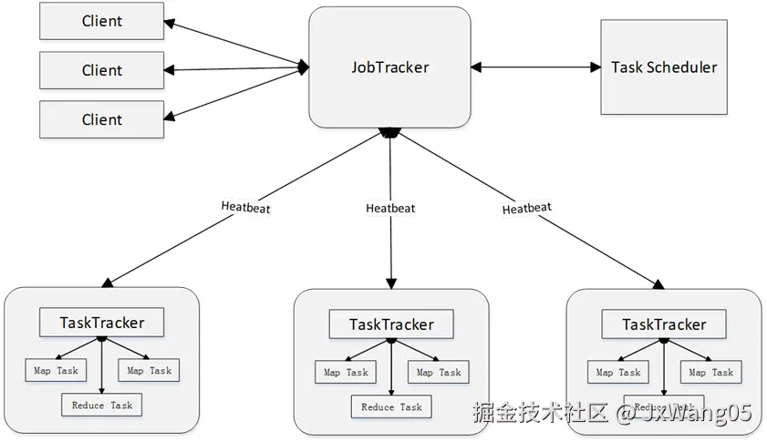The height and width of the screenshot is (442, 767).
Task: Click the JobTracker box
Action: [x=390, y=67]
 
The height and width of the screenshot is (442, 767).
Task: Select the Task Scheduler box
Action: [x=664, y=67]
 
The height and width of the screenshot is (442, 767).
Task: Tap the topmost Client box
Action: [x=101, y=21]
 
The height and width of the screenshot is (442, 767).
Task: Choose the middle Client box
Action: [x=101, y=70]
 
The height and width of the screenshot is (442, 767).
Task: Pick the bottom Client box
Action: [x=101, y=119]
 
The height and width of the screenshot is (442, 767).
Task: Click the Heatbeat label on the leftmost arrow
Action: [x=245, y=206]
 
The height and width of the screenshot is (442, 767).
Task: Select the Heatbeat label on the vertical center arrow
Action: [x=390, y=208]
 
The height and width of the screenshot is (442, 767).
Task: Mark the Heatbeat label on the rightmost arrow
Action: [x=526, y=208]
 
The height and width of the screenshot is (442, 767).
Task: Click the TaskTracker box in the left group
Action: [x=101, y=322]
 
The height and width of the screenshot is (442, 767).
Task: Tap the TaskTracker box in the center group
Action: [x=391, y=324]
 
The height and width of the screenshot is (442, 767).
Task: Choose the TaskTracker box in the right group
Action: [x=664, y=324]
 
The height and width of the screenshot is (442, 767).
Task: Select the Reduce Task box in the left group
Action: [x=101, y=405]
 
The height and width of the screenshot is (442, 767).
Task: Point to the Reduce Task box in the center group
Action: [x=391, y=406]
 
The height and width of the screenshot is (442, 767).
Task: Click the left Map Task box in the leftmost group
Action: [x=56, y=370]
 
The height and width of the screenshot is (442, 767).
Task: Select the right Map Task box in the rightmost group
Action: [x=710, y=372]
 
